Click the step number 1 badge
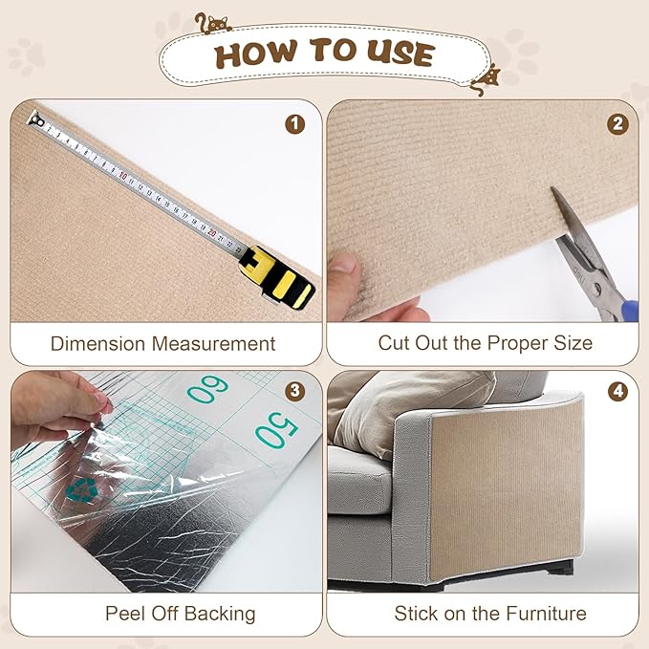[x=295, y=123]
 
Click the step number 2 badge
[x=618, y=123]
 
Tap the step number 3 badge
[x=295, y=391]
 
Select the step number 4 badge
[x=618, y=391]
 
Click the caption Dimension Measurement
[x=162, y=343]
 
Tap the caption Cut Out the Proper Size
[x=486, y=343]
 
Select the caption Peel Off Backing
[x=181, y=613]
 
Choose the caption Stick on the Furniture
[x=490, y=613]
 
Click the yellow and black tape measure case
[x=281, y=277]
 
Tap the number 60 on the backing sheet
[x=207, y=389]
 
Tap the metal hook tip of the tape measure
[x=35, y=119]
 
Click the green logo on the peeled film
[x=80, y=489]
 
